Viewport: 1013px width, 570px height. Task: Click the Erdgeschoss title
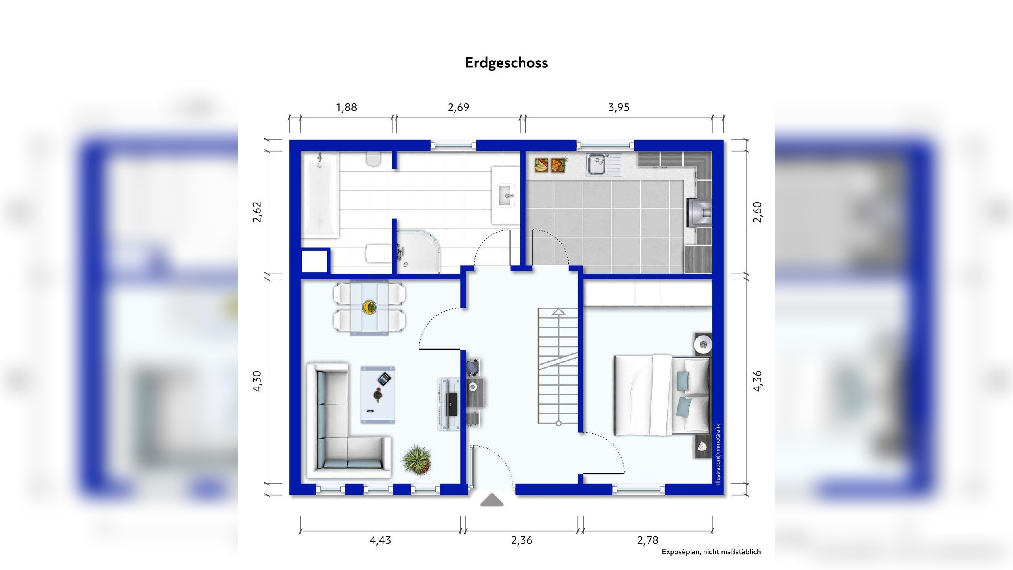(506, 63)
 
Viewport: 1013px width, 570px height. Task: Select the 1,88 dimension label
(346, 107)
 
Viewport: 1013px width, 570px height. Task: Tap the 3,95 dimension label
(618, 107)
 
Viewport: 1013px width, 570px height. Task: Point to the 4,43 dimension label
(380, 540)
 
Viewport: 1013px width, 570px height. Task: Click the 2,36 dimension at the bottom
(522, 540)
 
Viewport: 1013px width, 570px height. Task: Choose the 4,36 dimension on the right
(757, 382)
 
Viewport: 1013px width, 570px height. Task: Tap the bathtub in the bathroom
(320, 196)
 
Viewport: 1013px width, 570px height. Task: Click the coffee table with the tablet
(378, 395)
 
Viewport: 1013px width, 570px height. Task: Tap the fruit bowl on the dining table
(370, 307)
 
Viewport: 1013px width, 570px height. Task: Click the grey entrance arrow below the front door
(492, 500)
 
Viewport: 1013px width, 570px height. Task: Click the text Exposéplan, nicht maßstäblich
(711, 552)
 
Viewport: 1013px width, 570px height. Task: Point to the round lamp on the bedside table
(704, 343)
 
